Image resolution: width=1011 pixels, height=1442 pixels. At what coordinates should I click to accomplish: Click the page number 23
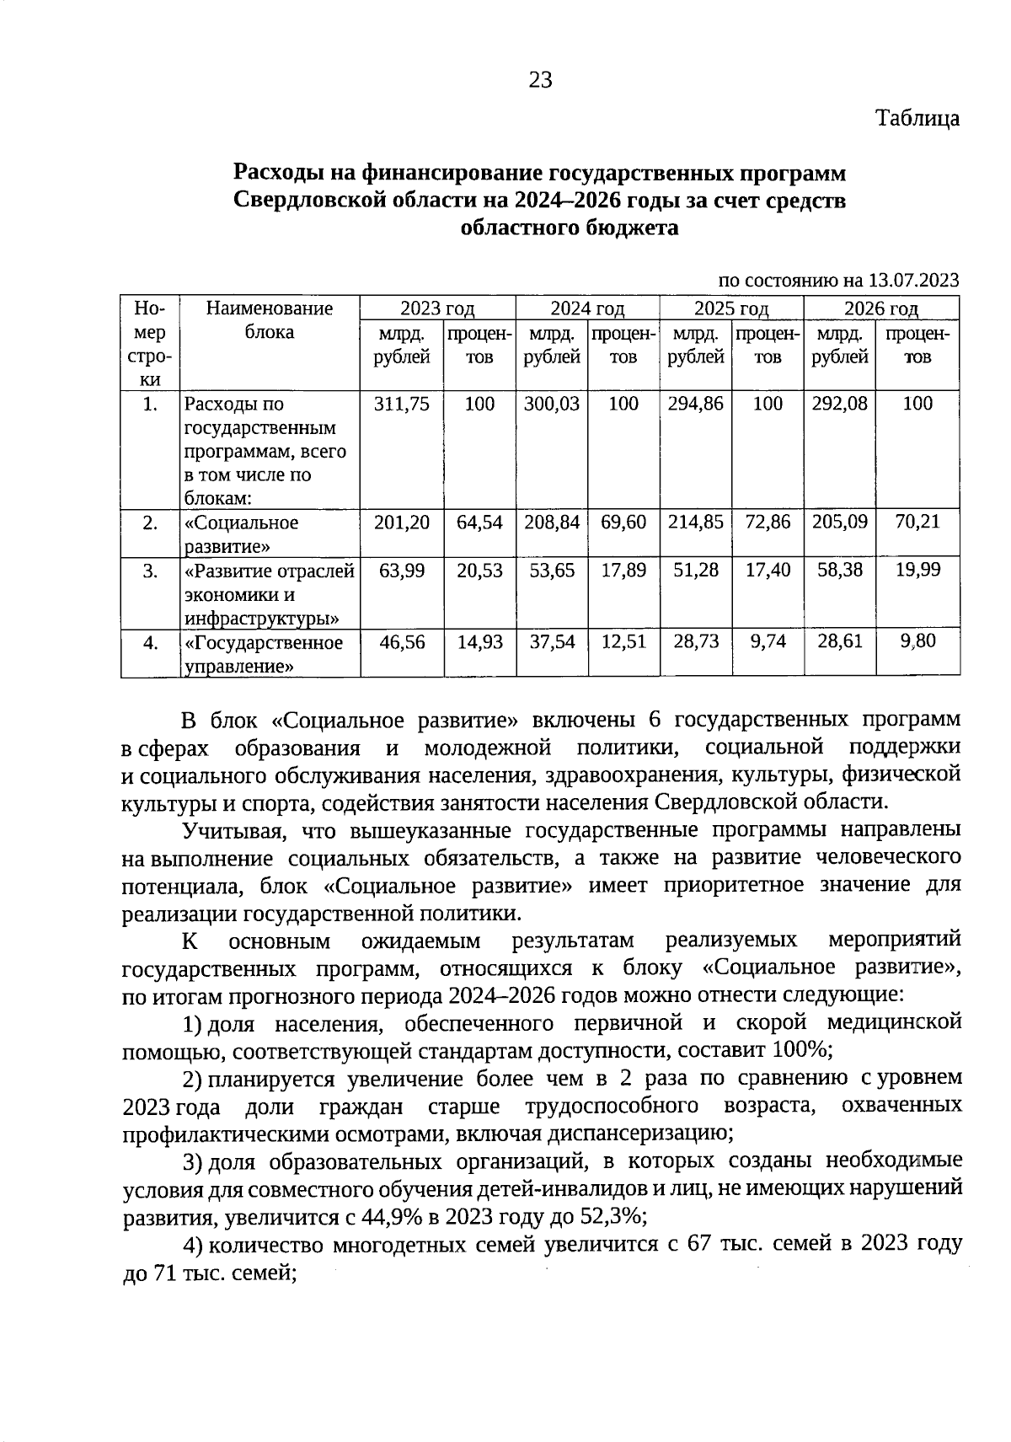540,80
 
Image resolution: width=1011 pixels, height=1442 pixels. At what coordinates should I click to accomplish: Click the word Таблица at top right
917,118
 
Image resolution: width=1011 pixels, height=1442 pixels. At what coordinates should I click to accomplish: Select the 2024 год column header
587,308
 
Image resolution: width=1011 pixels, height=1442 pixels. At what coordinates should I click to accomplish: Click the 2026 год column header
881,308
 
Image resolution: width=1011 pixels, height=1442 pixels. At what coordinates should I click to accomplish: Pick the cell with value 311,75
402,404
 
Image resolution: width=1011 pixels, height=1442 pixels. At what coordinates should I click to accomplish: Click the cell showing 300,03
552,404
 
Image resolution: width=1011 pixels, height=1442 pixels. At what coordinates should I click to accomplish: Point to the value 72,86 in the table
768,523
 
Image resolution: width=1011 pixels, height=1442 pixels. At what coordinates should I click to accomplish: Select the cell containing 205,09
840,523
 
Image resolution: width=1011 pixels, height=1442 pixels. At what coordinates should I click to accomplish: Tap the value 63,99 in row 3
402,571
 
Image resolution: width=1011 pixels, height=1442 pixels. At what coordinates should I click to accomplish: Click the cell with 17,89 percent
623,571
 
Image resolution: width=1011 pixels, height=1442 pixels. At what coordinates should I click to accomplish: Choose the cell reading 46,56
402,642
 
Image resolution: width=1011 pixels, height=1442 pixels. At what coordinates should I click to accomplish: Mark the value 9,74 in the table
768,642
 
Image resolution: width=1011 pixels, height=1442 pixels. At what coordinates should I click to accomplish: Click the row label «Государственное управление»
264,654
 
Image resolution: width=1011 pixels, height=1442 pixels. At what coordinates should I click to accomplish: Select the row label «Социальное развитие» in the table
242,534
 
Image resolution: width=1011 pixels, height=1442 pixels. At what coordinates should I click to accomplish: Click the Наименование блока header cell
270,320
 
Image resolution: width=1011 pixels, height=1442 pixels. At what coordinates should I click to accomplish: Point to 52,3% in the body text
614,1217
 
